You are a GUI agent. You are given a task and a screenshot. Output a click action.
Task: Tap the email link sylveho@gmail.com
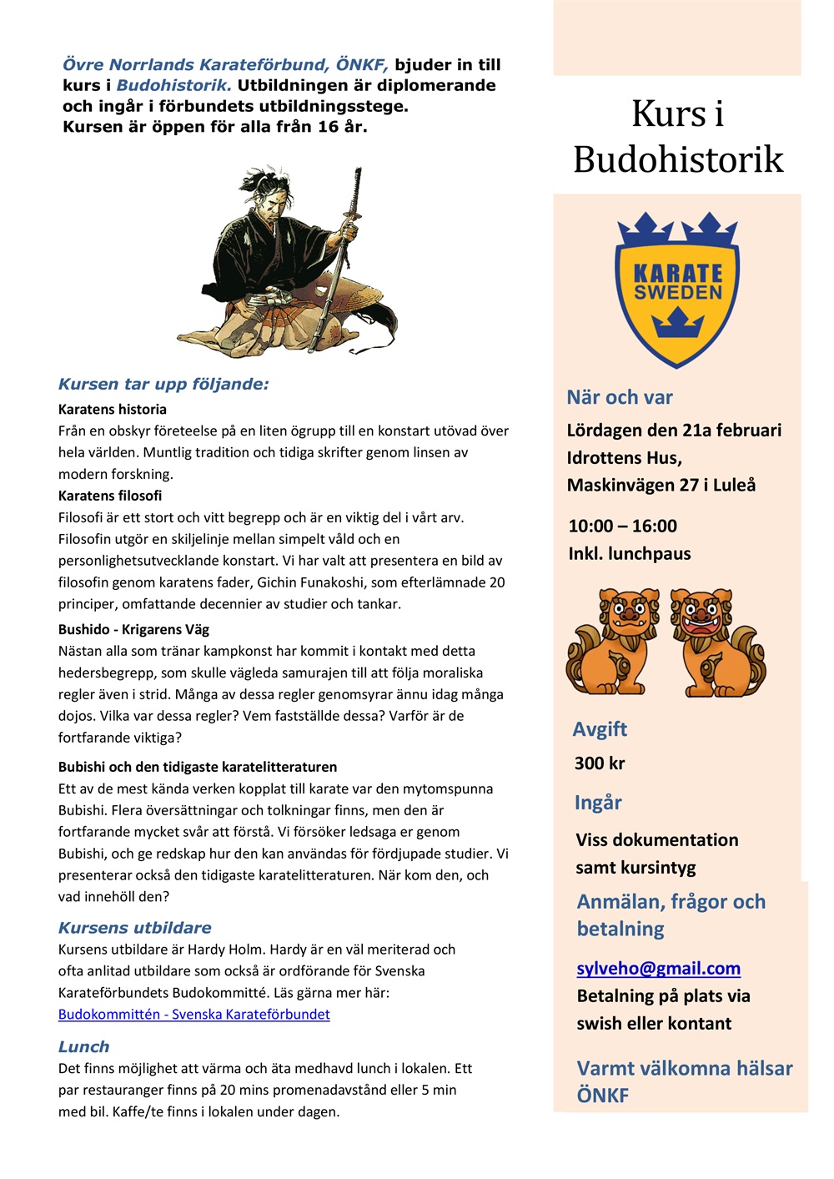point(658,968)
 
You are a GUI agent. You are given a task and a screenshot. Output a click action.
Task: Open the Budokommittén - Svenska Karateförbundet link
point(193,1015)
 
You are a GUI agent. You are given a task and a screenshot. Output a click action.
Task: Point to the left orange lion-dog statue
point(613,642)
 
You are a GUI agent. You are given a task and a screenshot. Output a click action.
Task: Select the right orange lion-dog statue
point(717,642)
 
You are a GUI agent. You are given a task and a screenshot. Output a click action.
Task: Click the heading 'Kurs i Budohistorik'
point(677,137)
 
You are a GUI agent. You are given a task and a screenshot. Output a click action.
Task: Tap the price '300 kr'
point(599,763)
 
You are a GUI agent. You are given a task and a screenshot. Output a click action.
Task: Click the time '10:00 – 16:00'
point(622,527)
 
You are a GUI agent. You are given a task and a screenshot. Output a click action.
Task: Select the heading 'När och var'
point(619,397)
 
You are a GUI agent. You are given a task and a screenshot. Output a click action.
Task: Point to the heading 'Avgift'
point(600,729)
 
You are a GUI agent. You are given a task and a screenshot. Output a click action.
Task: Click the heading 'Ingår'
point(598,803)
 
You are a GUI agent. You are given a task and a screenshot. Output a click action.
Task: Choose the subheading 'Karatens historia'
point(113,410)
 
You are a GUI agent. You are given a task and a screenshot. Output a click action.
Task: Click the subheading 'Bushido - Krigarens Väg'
point(133,629)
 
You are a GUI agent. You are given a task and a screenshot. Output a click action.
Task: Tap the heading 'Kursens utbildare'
point(134,928)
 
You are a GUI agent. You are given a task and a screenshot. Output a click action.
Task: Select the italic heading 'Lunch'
point(83,1047)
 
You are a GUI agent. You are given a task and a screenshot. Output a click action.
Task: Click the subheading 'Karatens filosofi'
point(110,496)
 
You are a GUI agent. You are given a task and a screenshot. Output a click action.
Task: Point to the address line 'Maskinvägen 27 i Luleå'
point(661,486)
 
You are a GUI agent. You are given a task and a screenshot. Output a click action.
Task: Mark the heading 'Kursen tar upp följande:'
point(163,385)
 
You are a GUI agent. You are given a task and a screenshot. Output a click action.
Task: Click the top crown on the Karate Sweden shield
point(677,228)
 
